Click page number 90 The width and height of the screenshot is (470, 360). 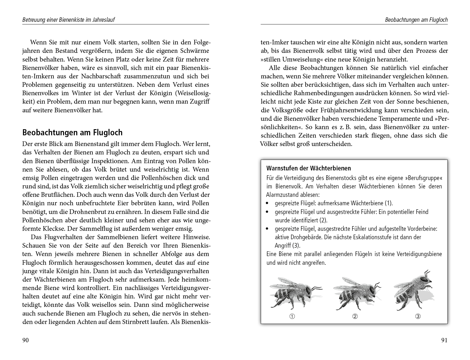coord(26,340)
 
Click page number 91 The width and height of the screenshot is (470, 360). coord(444,340)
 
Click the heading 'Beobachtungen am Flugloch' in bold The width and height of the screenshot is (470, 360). coord(72,133)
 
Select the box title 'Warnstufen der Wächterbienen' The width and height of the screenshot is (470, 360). coord(308,168)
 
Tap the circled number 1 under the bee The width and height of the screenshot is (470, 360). coord(292,316)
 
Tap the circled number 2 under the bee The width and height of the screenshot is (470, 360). coord(355,316)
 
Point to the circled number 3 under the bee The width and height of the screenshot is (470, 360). coord(418,316)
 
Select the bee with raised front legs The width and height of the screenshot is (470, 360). coord(414,292)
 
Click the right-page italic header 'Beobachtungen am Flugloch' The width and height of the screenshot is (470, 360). coord(416,20)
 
